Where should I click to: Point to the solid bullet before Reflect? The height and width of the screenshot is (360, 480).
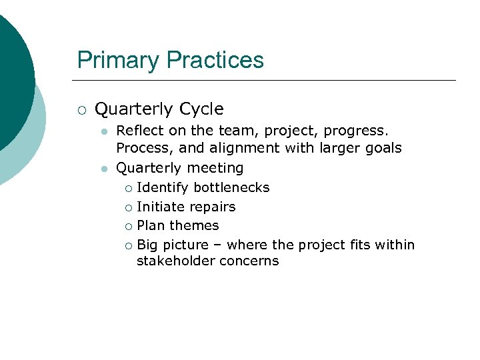(x=104, y=131)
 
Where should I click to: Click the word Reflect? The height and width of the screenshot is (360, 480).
(x=138, y=130)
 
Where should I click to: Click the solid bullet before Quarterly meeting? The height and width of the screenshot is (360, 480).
(x=104, y=169)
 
